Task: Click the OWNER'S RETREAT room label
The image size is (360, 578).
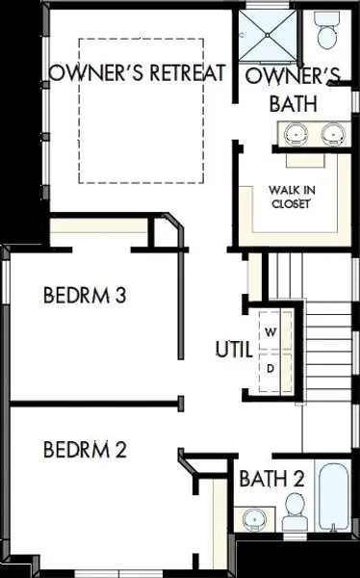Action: [x=137, y=72]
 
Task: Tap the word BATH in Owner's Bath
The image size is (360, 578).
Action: [x=294, y=104]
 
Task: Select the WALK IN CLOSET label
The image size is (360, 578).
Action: [x=292, y=197]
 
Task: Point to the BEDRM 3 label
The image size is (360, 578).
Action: [x=85, y=295]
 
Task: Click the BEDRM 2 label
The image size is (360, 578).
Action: [x=85, y=449]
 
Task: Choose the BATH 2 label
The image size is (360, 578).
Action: [x=272, y=479]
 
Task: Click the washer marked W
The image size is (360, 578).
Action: [x=275, y=330]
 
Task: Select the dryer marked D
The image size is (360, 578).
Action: [x=275, y=372]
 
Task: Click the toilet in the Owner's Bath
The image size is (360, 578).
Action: [x=326, y=30]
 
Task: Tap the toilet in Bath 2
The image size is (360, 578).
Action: [x=295, y=511]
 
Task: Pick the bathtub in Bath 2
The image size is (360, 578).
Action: [x=333, y=496]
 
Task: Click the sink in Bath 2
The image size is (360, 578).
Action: [x=255, y=519]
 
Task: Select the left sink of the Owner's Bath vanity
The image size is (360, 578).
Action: [x=296, y=134]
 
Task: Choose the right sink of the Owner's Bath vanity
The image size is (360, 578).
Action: [x=333, y=134]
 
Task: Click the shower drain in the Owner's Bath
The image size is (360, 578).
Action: [x=268, y=35]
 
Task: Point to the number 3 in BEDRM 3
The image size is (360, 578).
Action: [x=121, y=295]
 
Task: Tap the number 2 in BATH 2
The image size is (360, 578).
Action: [x=298, y=479]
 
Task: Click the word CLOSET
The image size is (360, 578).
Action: [x=291, y=203]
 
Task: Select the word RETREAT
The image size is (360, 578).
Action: [x=187, y=72]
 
